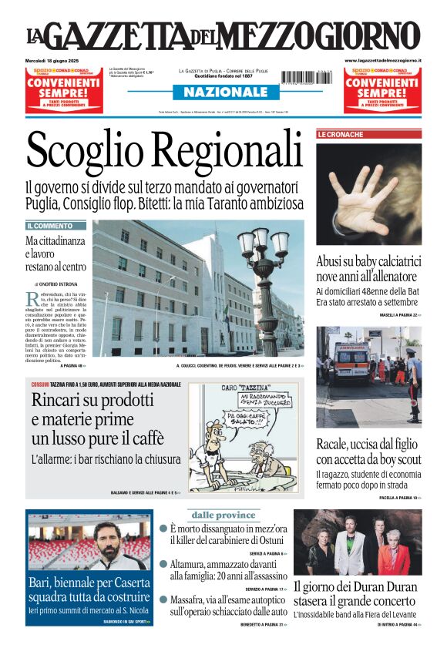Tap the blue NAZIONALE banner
[220, 92]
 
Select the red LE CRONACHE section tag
[341, 134]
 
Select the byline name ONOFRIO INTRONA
[59, 284]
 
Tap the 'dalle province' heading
[223, 515]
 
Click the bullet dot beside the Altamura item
[163, 563]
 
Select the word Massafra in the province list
[193, 599]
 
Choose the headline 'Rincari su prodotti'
[92, 401]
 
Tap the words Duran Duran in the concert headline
[382, 586]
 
